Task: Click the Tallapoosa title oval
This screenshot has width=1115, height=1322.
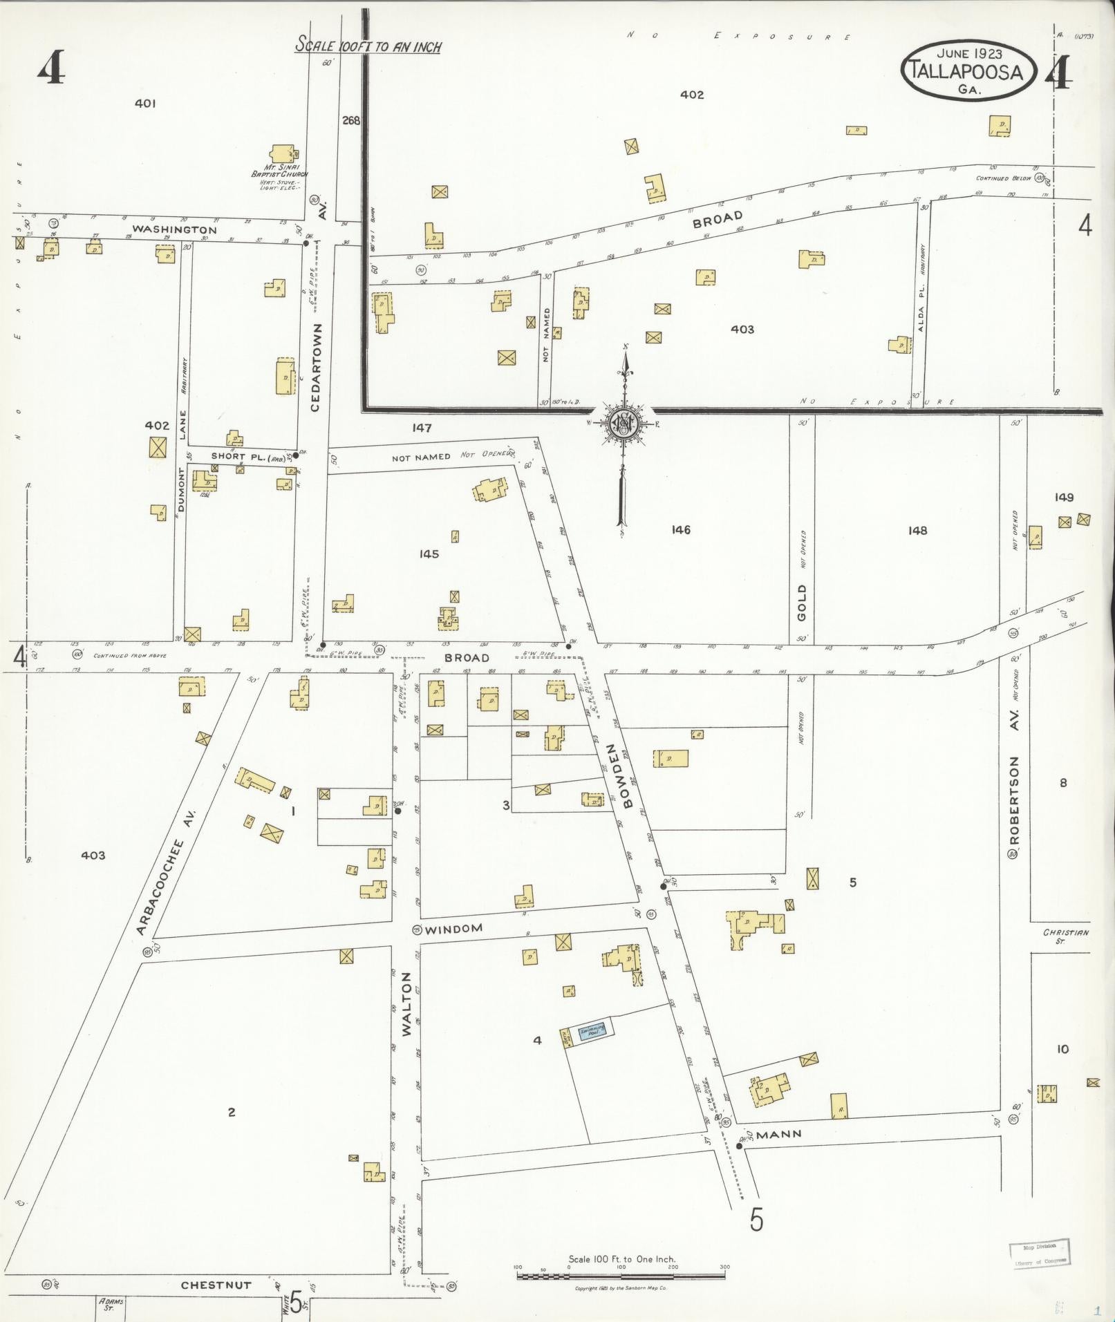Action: pos(968,70)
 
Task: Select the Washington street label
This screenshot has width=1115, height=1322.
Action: pos(175,229)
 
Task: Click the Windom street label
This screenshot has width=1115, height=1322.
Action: pos(453,929)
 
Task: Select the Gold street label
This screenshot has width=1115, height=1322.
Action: pos(802,603)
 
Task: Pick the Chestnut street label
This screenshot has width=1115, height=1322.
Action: pos(216,1285)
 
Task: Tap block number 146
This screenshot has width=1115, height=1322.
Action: pos(681,529)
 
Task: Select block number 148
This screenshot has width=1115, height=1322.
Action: pos(917,530)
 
